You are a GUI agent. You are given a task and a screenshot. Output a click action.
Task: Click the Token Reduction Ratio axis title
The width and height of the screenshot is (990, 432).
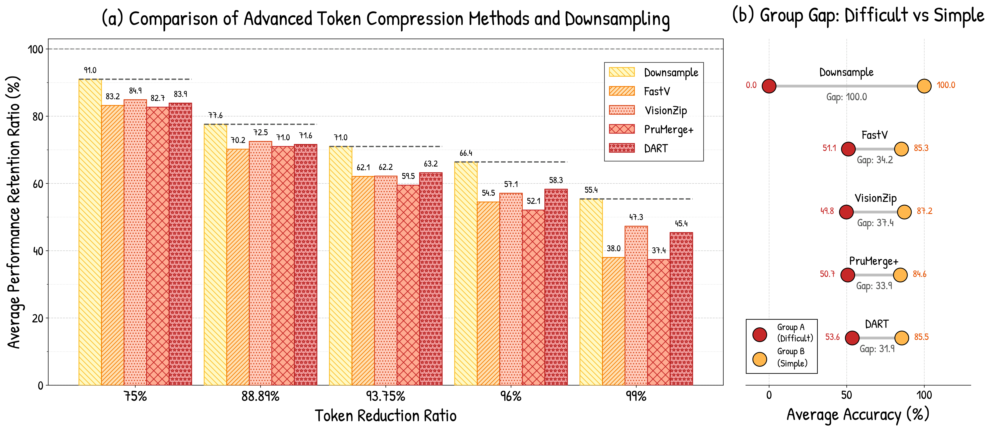[385, 416]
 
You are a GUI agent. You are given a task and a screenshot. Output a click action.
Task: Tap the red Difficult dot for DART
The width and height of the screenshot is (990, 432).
[852, 338]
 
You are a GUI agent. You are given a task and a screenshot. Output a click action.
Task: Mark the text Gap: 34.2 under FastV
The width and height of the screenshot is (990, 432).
[875, 160]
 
